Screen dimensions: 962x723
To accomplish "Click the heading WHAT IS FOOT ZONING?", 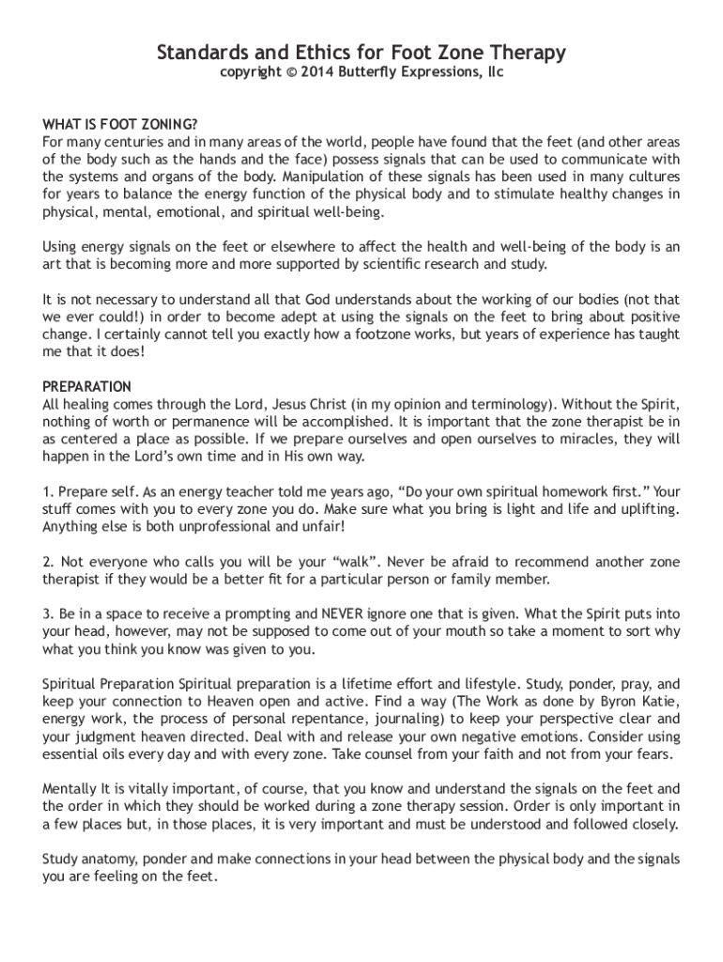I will point(120,125).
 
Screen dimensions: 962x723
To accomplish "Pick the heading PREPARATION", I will point(87,386).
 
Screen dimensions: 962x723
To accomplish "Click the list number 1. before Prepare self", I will point(49,491).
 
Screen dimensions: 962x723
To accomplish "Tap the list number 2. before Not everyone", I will point(49,561).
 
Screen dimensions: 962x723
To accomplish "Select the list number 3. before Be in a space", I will point(49,613).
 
